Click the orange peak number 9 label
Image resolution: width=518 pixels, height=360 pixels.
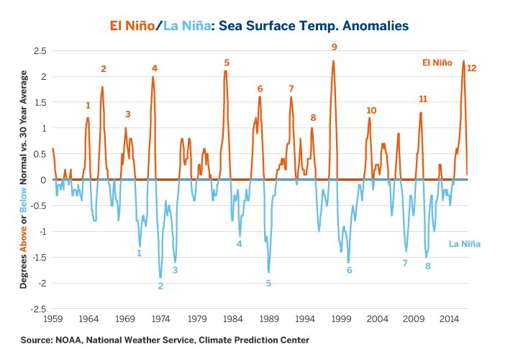click(x=334, y=47)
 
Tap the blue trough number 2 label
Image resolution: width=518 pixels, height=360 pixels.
click(x=160, y=286)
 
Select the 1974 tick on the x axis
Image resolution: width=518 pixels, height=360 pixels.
click(x=160, y=318)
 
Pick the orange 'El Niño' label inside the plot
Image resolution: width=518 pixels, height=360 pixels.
click(x=437, y=63)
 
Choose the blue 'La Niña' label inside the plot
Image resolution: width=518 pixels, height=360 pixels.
click(x=464, y=244)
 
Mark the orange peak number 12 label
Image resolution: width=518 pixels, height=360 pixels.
click(x=471, y=68)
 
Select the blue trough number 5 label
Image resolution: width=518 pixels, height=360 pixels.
click(x=268, y=283)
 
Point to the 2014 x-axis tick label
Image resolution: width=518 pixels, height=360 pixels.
click(x=450, y=318)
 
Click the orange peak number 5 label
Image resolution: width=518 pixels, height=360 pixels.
click(x=227, y=63)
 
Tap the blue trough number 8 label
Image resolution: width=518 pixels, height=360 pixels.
click(x=427, y=266)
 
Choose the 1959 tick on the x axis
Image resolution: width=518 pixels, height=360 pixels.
click(x=53, y=318)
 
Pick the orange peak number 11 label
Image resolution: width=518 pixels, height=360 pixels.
click(x=423, y=99)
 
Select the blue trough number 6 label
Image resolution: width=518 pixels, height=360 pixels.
click(x=349, y=270)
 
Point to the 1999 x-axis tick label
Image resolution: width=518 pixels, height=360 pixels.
click(x=341, y=318)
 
